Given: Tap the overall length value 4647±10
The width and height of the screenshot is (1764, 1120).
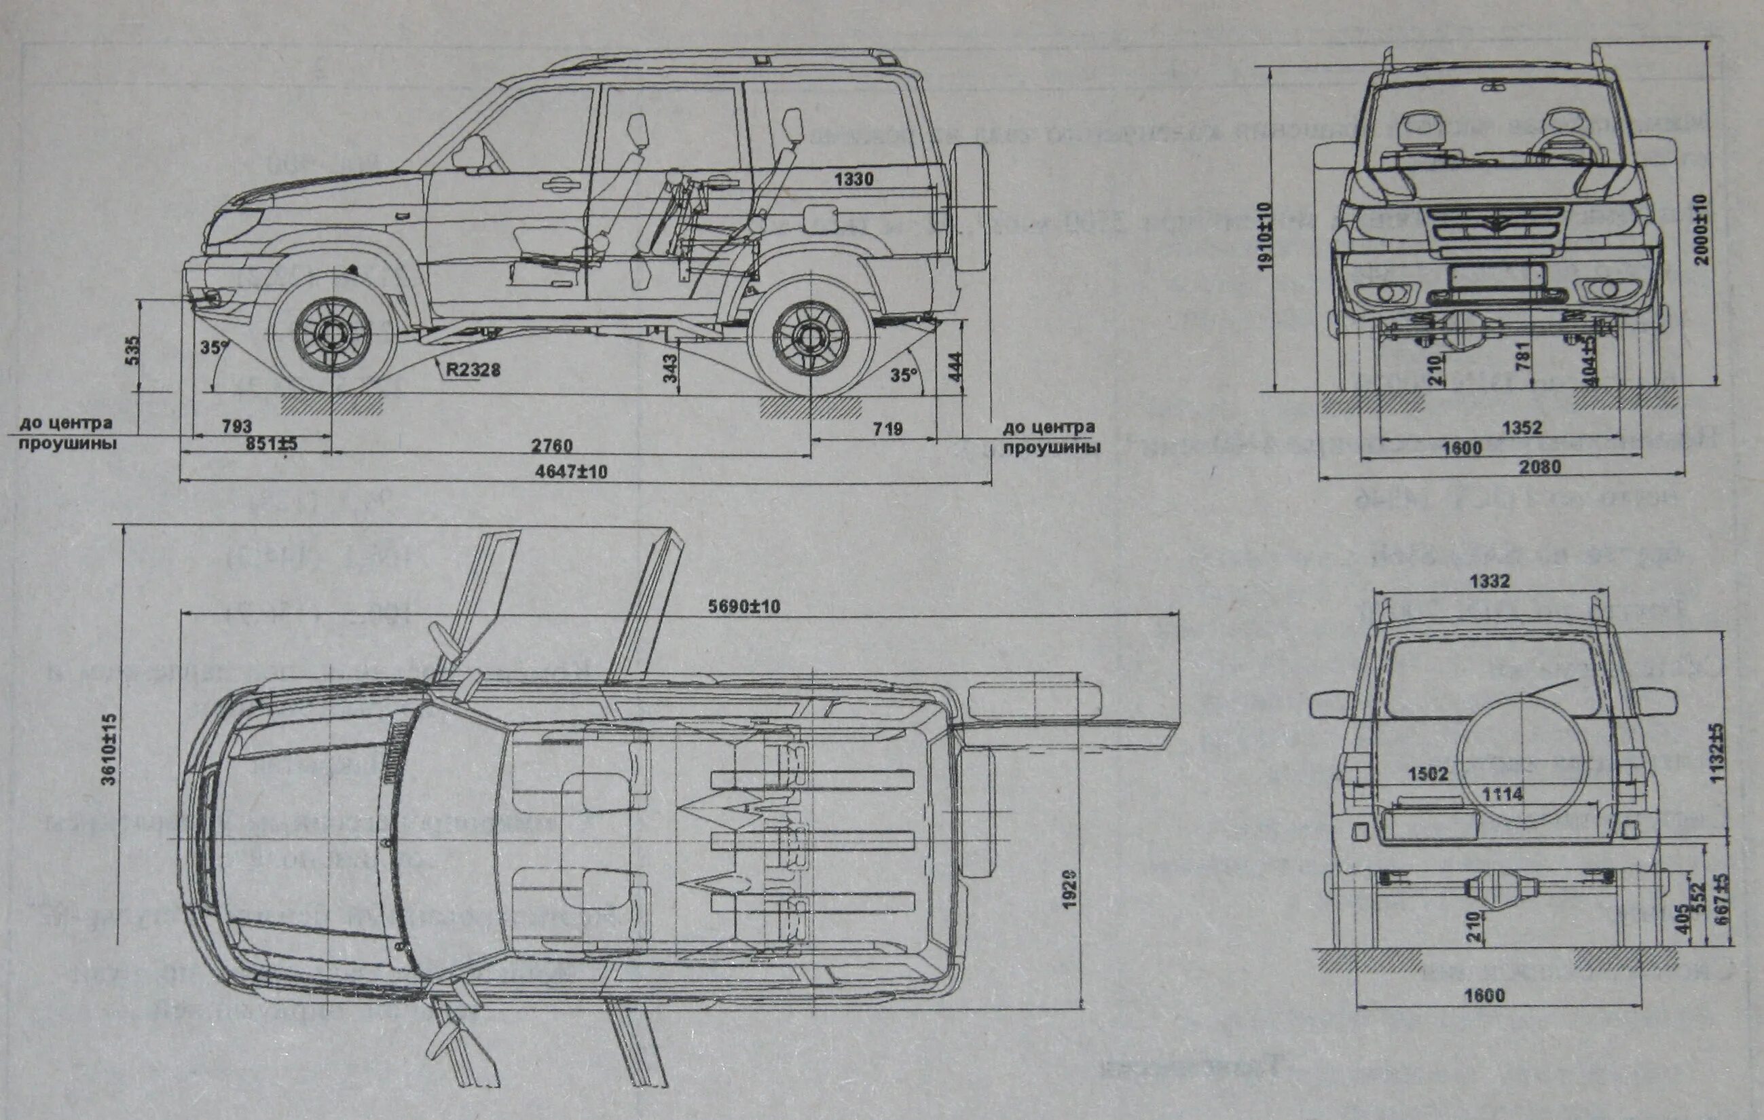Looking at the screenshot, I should point(572,472).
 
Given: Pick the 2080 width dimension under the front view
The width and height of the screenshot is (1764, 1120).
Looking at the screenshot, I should point(1540,466).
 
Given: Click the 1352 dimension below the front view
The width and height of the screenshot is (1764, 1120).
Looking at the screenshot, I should point(1522,428).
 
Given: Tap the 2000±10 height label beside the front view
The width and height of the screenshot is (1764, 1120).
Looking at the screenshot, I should point(1701,229).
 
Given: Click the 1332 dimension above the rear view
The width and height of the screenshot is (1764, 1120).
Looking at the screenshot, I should point(1490,581).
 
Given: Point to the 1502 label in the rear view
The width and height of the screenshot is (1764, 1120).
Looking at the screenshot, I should point(1428,774).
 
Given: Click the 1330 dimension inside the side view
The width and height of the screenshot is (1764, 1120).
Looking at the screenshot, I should point(853,179).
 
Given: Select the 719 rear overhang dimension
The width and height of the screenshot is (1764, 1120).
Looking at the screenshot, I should point(887,428).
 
